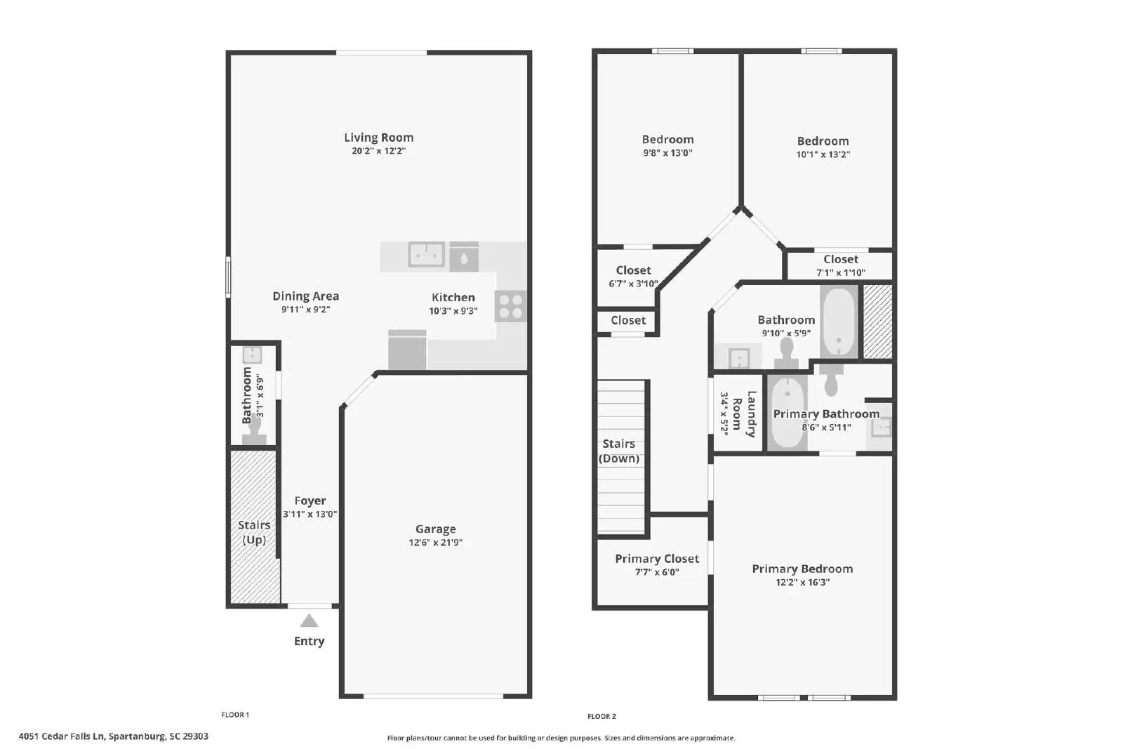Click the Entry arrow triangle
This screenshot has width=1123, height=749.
tap(309, 621)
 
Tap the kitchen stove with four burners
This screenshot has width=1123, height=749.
tap(510, 306)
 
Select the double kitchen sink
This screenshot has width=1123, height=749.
tap(426, 254)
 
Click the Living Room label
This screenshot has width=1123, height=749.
tap(378, 138)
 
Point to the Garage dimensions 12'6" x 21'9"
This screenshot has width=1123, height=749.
tap(435, 543)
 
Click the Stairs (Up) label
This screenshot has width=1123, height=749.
tap(254, 532)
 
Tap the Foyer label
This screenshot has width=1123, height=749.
tap(310, 501)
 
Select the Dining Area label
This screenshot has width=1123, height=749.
tap(305, 296)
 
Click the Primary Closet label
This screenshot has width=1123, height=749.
tap(656, 559)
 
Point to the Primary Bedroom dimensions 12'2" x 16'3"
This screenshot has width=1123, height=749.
tap(802, 582)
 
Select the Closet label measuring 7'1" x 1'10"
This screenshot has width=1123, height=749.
tap(840, 259)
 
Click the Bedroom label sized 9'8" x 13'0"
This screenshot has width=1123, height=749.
tap(667, 140)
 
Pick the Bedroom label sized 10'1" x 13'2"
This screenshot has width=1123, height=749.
tap(823, 141)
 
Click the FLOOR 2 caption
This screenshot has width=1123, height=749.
tap(602, 716)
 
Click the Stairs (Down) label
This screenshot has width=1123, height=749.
tap(618, 451)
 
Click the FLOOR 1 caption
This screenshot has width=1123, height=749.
tap(235, 715)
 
